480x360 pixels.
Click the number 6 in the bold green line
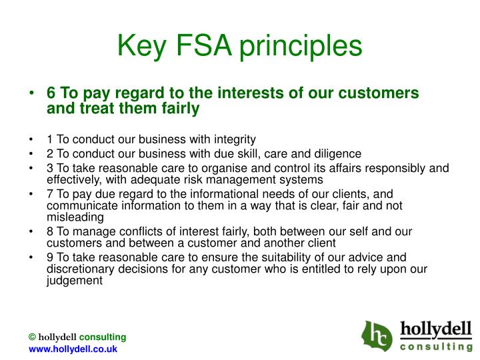[x=50, y=93]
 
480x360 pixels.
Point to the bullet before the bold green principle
[x=31, y=94]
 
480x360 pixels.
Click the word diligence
[x=337, y=153]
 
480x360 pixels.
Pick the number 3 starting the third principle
[x=50, y=167]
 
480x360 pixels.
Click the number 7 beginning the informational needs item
[x=50, y=193]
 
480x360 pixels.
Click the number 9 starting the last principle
[x=50, y=257]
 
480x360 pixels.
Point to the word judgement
[x=75, y=281]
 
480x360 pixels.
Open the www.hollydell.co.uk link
[x=73, y=349]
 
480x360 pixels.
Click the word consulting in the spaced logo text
[x=436, y=347]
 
